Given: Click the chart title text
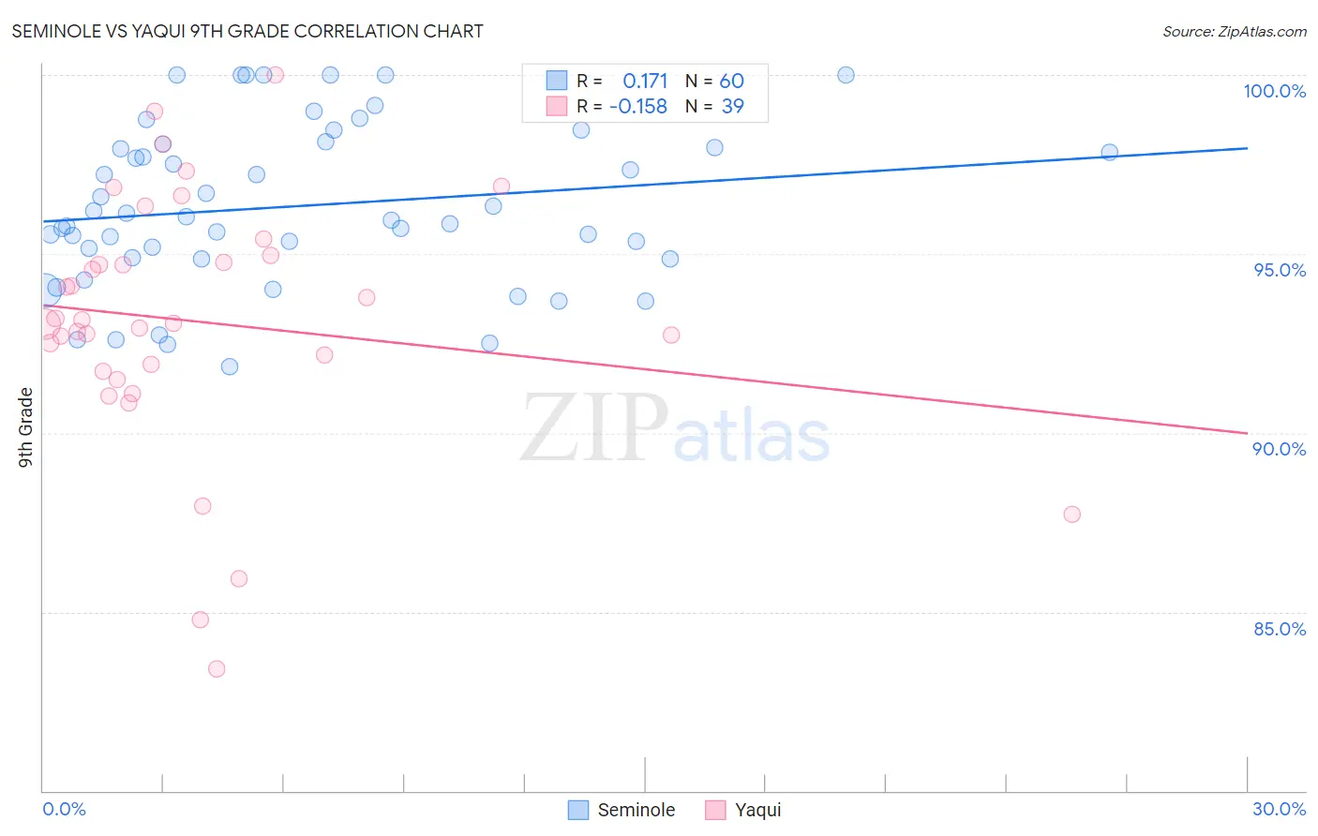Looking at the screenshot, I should click(x=247, y=31).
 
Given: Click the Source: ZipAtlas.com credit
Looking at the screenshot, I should click(x=1234, y=31).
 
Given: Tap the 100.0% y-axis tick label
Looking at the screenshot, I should click(x=1274, y=91).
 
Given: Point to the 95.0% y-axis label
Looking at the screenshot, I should click(x=1280, y=270).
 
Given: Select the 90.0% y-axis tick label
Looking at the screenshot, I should click(x=1279, y=449).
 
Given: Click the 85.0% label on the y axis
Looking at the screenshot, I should click(x=1280, y=629).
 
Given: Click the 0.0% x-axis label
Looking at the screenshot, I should click(x=64, y=809).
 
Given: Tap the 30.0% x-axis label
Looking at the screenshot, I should click(x=1279, y=809).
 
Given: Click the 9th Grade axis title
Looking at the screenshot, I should click(x=26, y=427).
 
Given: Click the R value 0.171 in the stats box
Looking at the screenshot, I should click(x=645, y=81).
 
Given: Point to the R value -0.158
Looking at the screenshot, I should click(x=638, y=107).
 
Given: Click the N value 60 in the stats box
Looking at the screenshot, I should click(x=732, y=81).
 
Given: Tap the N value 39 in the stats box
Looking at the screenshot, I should click(x=732, y=107).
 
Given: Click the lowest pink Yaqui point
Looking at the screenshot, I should click(x=217, y=669).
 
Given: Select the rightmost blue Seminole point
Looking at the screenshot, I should click(x=1109, y=152).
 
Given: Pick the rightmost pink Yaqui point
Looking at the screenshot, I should click(x=1071, y=515).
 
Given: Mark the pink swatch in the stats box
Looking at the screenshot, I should click(x=557, y=107).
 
